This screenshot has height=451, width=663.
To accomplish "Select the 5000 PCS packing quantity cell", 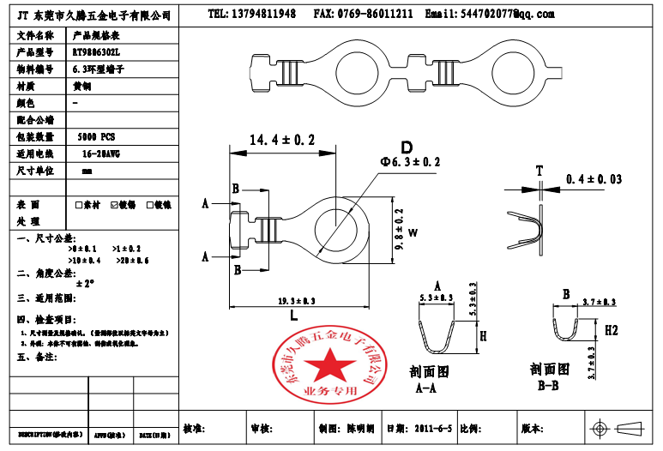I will point(96,136).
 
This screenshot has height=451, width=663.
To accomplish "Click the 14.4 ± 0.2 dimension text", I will point(282,140).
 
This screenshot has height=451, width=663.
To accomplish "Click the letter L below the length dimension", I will point(294,316).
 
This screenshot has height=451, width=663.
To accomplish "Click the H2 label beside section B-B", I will point(612,329).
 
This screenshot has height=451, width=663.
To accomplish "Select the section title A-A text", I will point(428,388).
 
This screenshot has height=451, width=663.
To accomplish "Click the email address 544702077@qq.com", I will point(508,15).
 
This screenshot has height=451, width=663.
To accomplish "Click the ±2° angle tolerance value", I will point(86,282).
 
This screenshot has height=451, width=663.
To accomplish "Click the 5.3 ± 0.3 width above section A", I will point(437,298).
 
